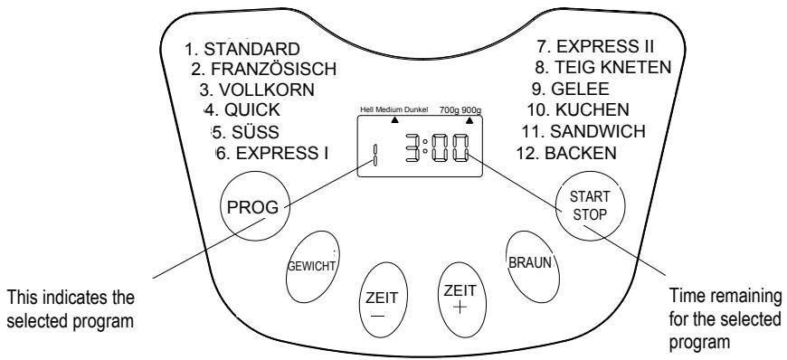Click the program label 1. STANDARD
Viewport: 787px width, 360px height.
point(230,49)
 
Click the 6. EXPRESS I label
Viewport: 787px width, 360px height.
point(272,153)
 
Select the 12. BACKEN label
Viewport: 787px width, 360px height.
point(582,153)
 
